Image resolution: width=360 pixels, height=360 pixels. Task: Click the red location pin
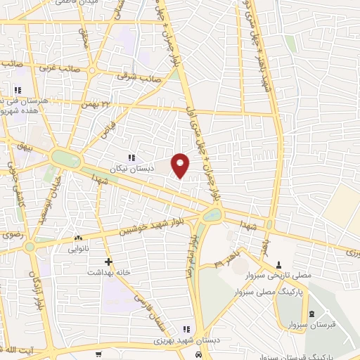tap(181, 165)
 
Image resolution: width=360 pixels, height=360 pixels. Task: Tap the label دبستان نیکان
tap(131, 169)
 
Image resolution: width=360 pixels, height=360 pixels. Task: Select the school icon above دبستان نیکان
tap(131, 157)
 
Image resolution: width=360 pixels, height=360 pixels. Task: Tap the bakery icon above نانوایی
tap(78, 238)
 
